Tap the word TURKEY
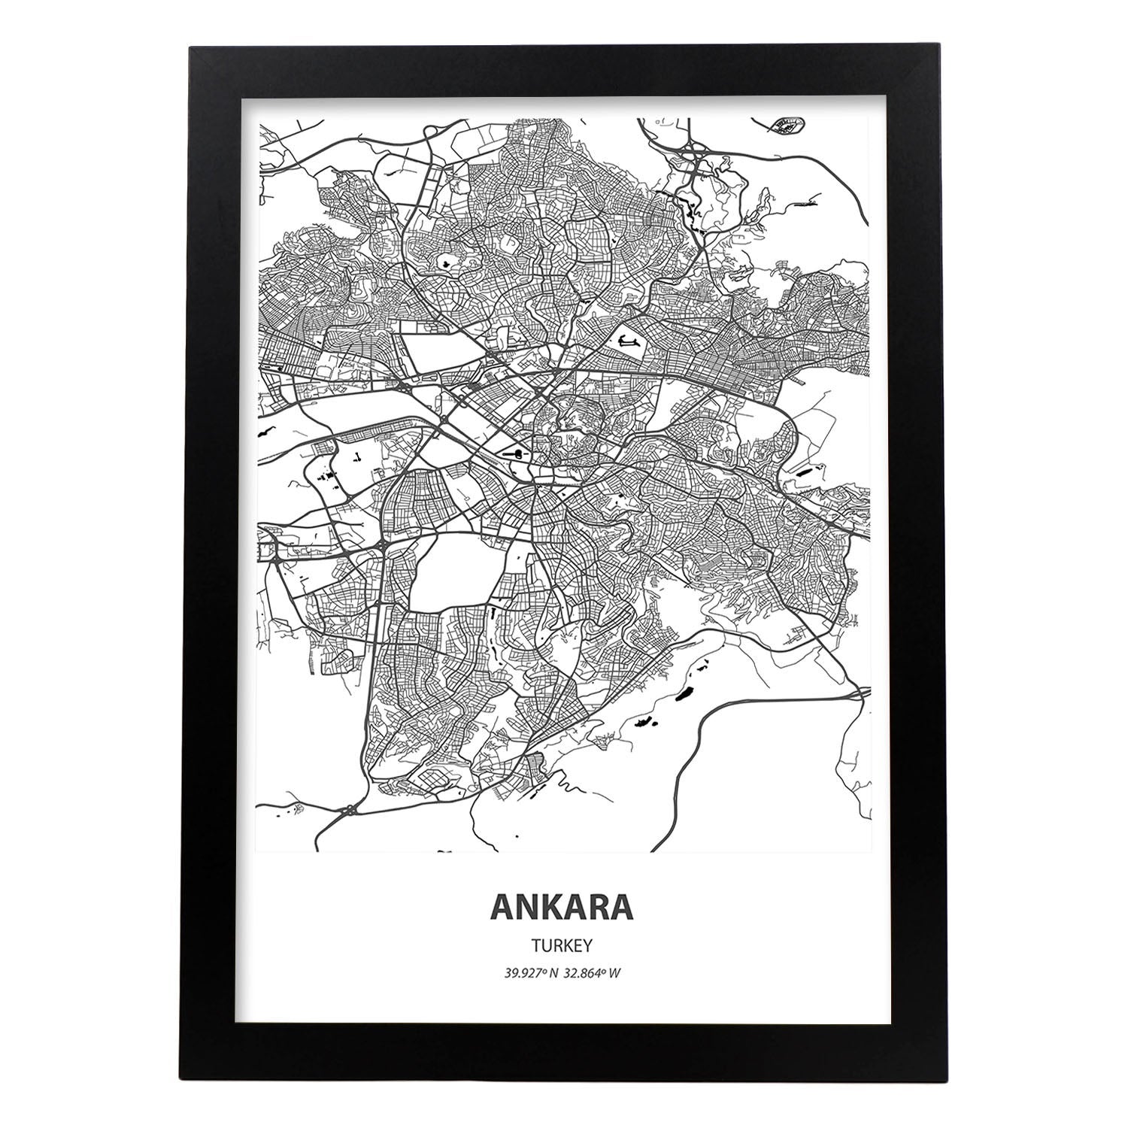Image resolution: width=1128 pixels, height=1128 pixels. point(562,944)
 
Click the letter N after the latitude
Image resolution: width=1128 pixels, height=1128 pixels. point(553,973)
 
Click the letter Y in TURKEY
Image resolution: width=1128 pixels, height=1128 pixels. point(590,944)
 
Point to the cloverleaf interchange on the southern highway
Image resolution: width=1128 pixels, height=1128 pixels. point(351,811)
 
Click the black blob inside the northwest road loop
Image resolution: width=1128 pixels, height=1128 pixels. point(445,263)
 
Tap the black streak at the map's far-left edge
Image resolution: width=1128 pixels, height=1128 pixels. point(265,434)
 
